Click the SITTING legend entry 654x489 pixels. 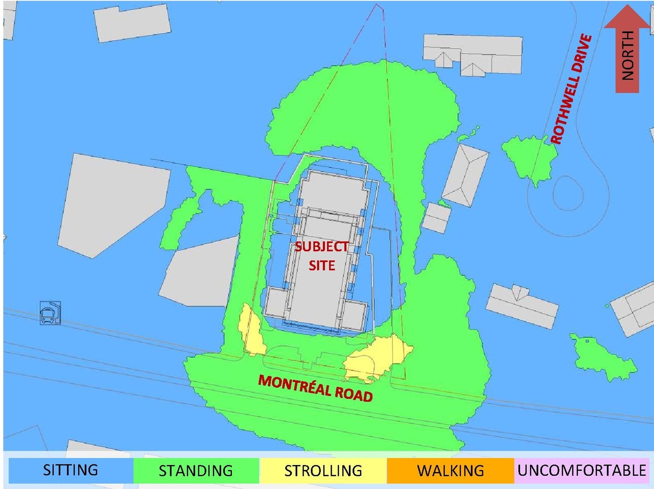(71, 470)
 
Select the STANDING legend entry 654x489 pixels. (196, 470)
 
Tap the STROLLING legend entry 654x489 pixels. (323, 470)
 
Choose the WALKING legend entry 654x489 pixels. (450, 470)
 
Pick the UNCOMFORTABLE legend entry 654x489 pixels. (581, 470)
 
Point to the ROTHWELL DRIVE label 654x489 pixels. (571, 89)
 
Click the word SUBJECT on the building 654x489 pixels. (321, 247)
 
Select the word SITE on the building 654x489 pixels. (321, 265)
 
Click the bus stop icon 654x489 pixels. (50, 313)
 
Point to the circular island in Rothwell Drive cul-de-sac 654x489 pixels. (567, 193)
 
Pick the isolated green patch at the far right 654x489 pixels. (603, 358)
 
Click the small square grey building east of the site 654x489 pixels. (436, 218)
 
